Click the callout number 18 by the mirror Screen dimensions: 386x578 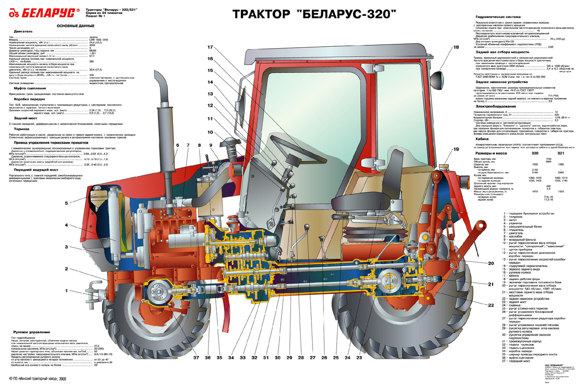(x=456, y=47)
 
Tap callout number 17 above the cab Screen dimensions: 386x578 (x=210, y=47)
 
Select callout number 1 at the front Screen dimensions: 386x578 (x=66, y=291)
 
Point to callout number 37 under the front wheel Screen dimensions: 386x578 (x=196, y=358)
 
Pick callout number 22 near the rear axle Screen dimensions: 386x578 (x=491, y=306)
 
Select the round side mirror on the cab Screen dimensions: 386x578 (x=439, y=78)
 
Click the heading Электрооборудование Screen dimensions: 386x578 (x=496, y=106)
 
